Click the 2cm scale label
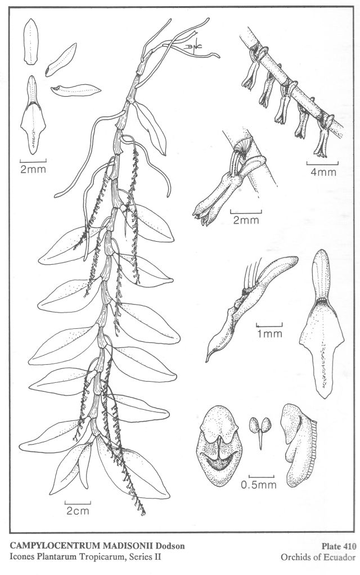(x=78, y=510)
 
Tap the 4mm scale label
(x=323, y=171)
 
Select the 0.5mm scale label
(x=258, y=485)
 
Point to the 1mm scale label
(x=269, y=333)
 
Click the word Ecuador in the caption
(x=342, y=558)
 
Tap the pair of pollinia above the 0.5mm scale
(x=260, y=431)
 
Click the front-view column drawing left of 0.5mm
(x=219, y=446)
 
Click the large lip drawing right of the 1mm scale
(x=322, y=323)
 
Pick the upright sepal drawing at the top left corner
(x=31, y=42)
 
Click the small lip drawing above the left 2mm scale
(x=33, y=115)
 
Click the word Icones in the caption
(x=20, y=557)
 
